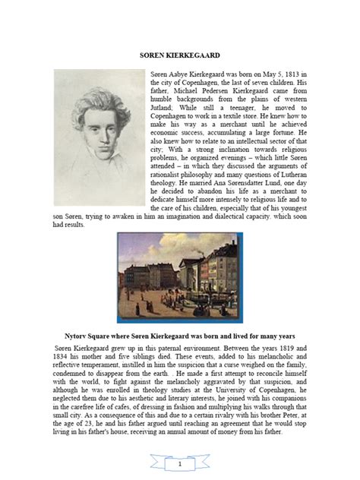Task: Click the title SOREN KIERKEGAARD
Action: (x=179, y=55)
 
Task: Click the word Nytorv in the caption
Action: (x=80, y=335)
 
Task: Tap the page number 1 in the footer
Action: (x=179, y=463)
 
